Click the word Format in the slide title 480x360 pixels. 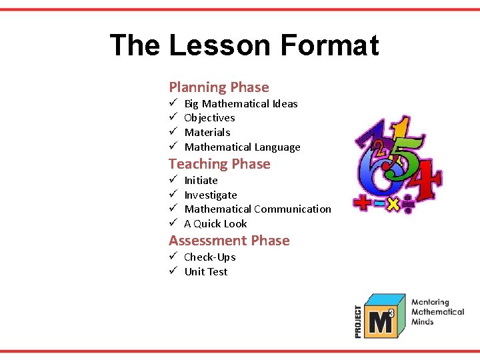[329, 46]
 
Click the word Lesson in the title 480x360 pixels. [220, 46]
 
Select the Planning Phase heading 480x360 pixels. [219, 87]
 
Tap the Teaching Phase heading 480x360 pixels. [219, 164]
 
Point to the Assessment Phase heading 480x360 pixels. [229, 241]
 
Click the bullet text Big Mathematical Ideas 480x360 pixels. [241, 104]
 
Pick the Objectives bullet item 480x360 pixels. [209, 118]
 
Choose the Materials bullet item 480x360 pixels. [207, 133]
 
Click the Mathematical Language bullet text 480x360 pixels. [242, 147]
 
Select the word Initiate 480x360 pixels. [201, 181]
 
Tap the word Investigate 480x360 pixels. [210, 195]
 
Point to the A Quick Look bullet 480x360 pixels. [215, 224]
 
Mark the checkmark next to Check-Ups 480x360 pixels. [172, 257]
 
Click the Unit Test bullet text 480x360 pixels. [205, 272]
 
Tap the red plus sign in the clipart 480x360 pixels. [363, 203]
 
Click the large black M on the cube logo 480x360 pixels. [380, 323]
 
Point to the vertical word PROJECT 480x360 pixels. [359, 321]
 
